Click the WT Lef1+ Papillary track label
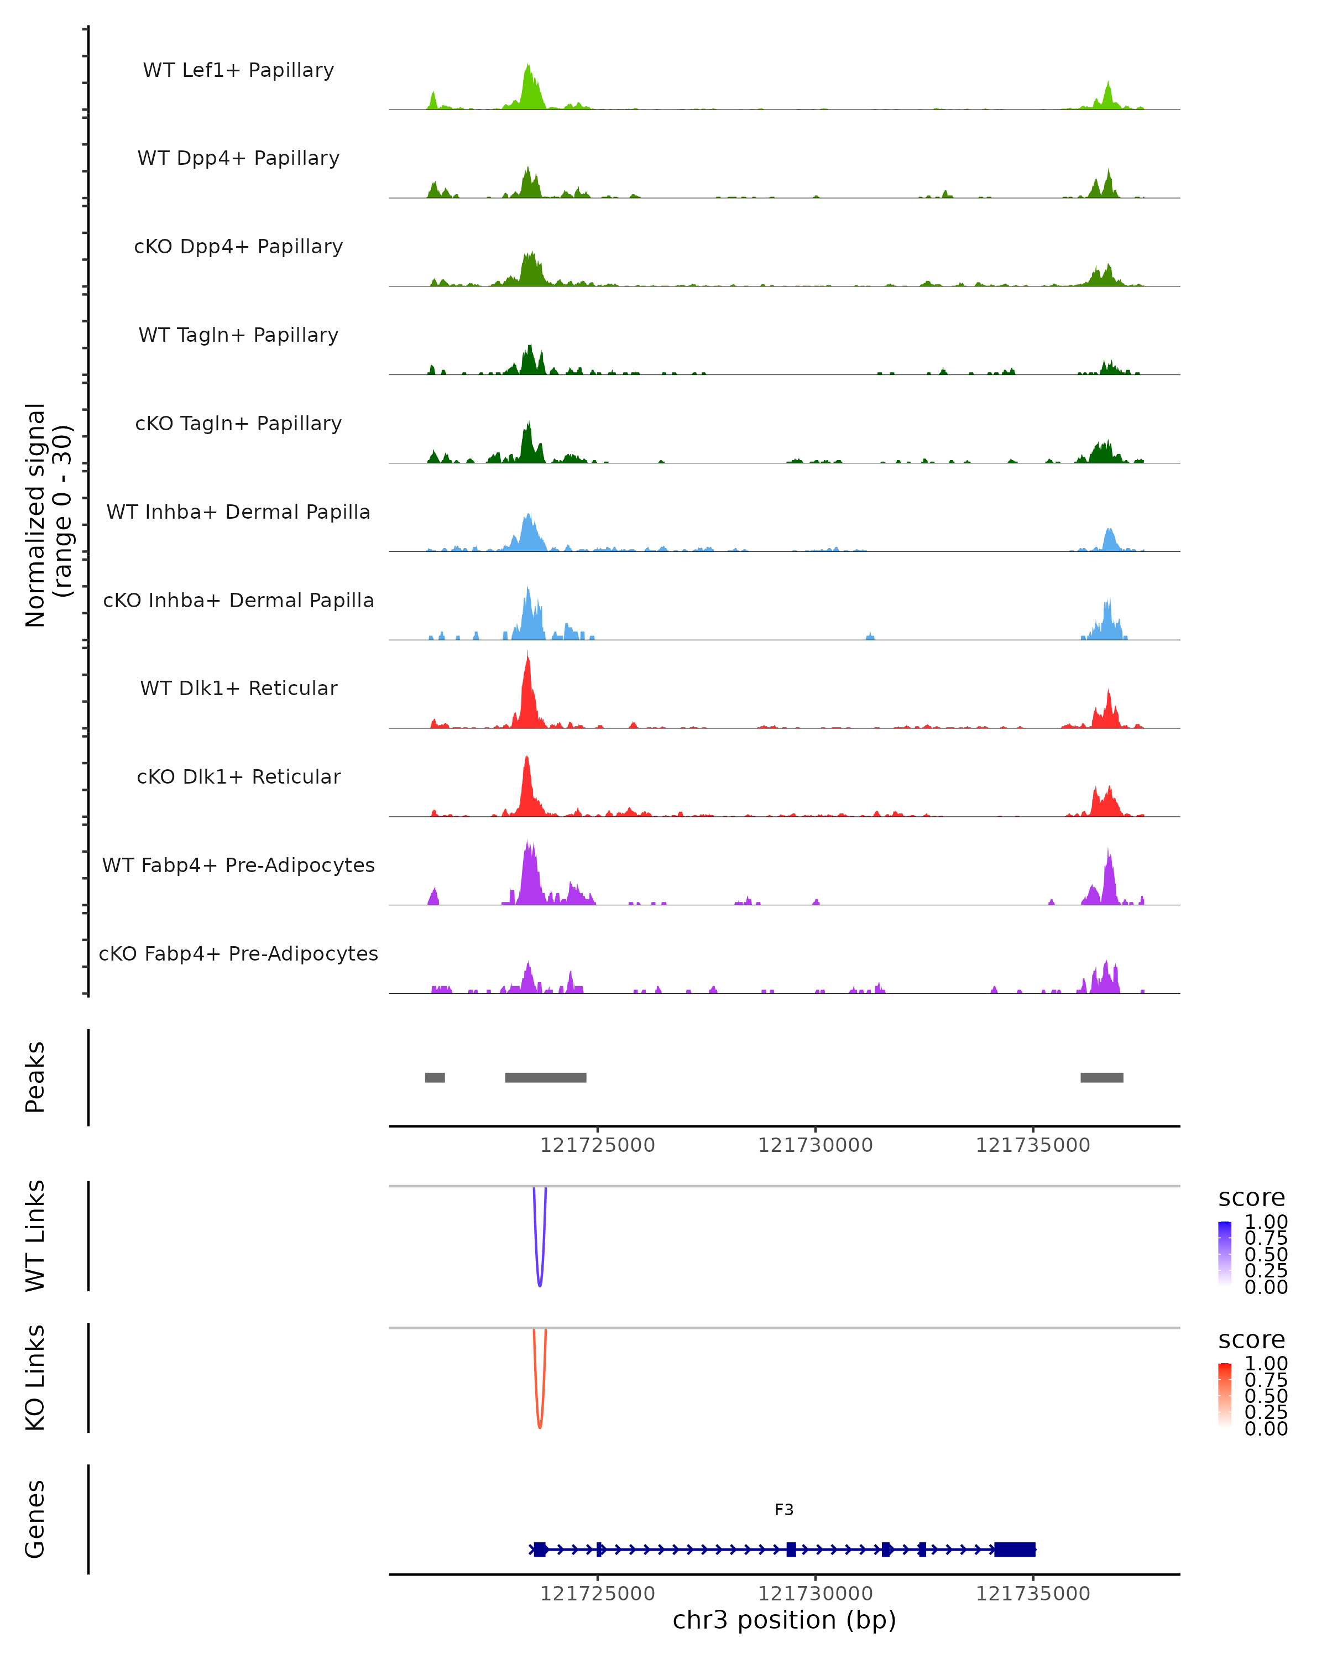[238, 70]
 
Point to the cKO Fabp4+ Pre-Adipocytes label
[238, 953]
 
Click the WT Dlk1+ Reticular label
[238, 688]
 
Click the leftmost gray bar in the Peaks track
[435, 1077]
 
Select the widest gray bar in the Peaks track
[545, 1077]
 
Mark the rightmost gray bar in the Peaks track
[1101, 1077]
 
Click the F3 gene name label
[784, 1510]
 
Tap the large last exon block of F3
[1015, 1549]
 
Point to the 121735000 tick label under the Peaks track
[1033, 1145]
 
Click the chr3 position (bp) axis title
[784, 1620]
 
